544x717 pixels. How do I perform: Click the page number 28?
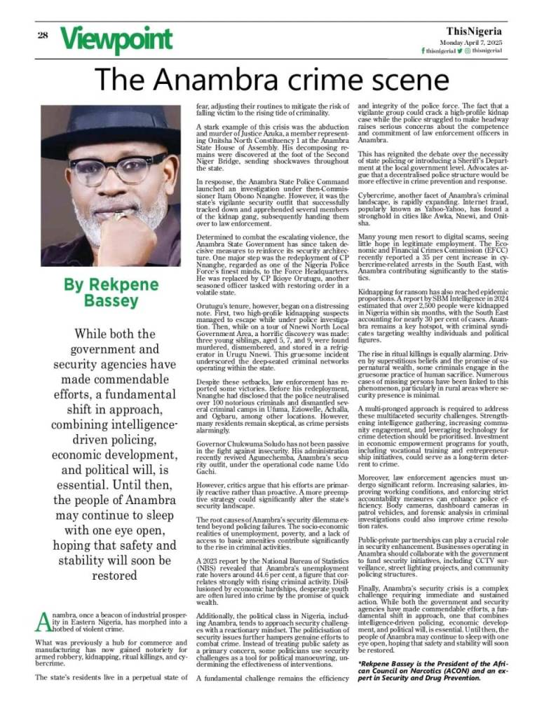[43, 36]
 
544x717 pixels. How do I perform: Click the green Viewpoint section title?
[115, 39]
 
